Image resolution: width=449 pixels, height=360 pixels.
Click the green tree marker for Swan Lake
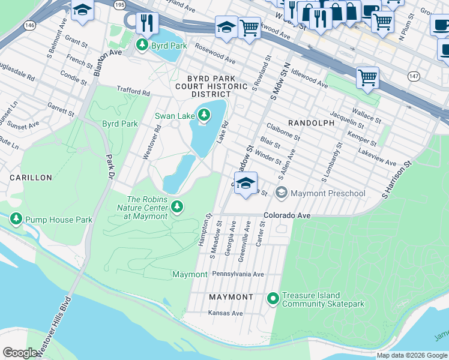(x=204, y=115)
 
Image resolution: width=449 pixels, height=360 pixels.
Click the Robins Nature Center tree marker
(x=176, y=207)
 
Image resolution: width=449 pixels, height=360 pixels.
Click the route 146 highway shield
(x=29, y=25)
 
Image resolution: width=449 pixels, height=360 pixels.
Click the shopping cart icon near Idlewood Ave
(x=367, y=77)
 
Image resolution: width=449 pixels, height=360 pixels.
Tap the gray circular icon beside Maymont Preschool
(x=281, y=193)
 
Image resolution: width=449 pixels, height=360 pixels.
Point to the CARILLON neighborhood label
(x=31, y=178)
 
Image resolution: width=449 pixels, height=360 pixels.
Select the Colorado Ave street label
(x=286, y=215)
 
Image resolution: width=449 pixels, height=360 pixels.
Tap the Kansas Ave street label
(x=225, y=313)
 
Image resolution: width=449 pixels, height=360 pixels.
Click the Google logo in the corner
(x=20, y=353)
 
